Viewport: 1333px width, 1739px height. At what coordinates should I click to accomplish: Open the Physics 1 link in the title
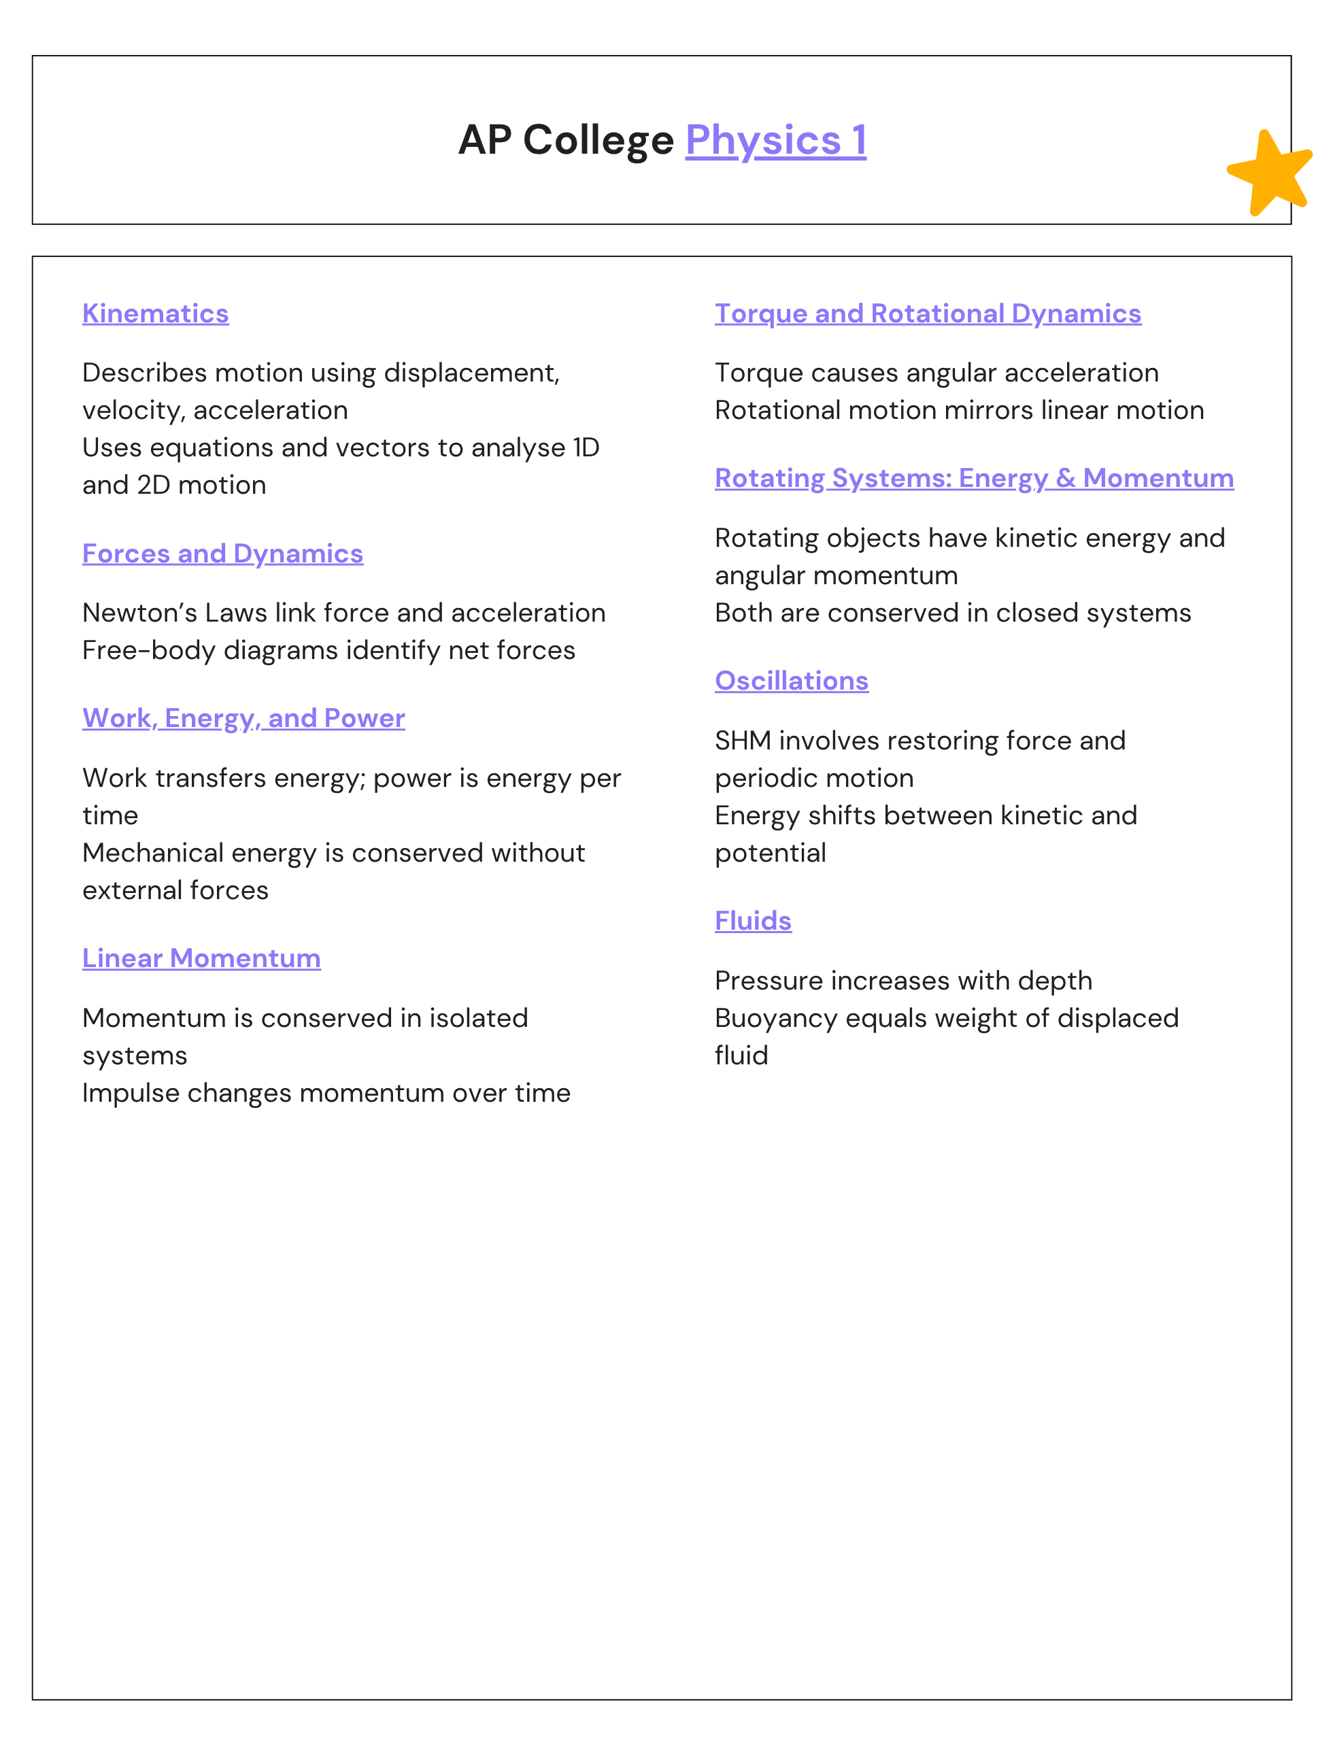(775, 140)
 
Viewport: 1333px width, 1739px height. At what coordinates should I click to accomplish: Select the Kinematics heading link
(156, 314)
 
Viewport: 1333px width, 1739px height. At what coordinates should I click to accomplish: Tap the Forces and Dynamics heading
(222, 554)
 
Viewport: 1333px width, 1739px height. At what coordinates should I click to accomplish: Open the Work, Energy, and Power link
(243, 718)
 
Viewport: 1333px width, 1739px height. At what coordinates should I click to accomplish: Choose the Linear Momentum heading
(201, 958)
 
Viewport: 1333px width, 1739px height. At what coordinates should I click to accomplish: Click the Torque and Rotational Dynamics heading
(928, 314)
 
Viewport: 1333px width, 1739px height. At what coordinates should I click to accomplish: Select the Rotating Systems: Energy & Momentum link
(974, 478)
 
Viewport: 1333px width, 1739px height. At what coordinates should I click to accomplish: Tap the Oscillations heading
(791, 681)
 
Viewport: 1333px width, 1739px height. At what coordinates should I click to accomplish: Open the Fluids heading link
(752, 921)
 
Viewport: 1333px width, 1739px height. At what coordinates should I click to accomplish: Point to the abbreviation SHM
(743, 741)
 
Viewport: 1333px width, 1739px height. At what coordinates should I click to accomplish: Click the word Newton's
(139, 613)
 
